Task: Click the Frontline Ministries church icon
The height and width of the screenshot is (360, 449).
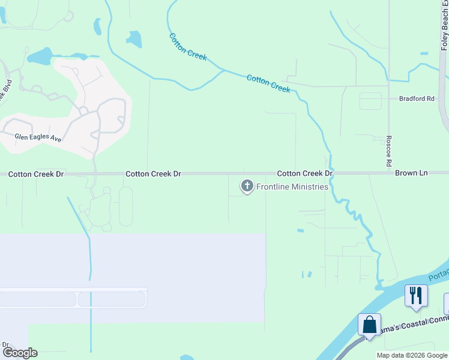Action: (x=247, y=186)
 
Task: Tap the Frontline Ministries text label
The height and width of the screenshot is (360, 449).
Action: (x=292, y=187)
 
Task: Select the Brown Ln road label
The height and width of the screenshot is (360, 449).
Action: (x=411, y=173)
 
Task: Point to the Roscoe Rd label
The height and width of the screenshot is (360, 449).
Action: (x=389, y=151)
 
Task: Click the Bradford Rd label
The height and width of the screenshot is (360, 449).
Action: (x=417, y=98)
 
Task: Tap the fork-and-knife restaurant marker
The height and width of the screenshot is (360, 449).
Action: (x=415, y=296)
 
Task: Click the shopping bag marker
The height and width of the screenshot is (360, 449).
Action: (x=369, y=325)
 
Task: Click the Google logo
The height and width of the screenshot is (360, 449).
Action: (x=20, y=353)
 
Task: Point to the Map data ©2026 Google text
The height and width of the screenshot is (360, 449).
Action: (x=412, y=355)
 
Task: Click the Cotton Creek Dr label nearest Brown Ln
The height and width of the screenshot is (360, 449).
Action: (x=305, y=173)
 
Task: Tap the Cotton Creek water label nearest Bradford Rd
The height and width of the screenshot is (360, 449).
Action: (x=268, y=83)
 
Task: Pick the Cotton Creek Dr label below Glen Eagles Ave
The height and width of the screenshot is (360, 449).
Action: (x=35, y=174)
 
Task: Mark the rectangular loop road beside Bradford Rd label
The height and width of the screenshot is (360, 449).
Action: (x=370, y=101)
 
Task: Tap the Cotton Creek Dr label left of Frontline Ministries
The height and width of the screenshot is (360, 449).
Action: (x=153, y=173)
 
